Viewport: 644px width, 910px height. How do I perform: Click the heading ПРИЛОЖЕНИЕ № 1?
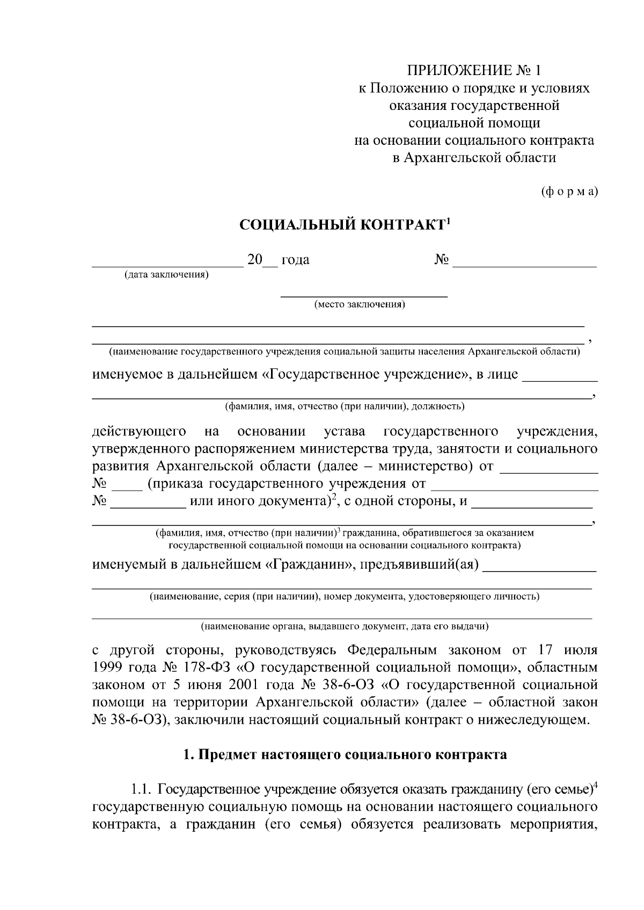pyautogui.click(x=474, y=70)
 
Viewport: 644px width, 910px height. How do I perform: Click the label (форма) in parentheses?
pyautogui.click(x=569, y=191)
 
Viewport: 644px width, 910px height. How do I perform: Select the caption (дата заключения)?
pyautogui.click(x=166, y=275)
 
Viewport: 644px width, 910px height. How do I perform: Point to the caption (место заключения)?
pyautogui.click(x=360, y=305)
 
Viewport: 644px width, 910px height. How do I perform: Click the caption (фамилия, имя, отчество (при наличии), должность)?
pyautogui.click(x=345, y=406)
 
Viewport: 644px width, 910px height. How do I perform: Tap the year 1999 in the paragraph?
pyautogui.click(x=108, y=668)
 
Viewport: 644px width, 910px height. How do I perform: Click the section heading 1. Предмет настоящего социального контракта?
pyautogui.click(x=345, y=755)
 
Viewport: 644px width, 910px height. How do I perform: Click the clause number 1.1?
pyautogui.click(x=142, y=790)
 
